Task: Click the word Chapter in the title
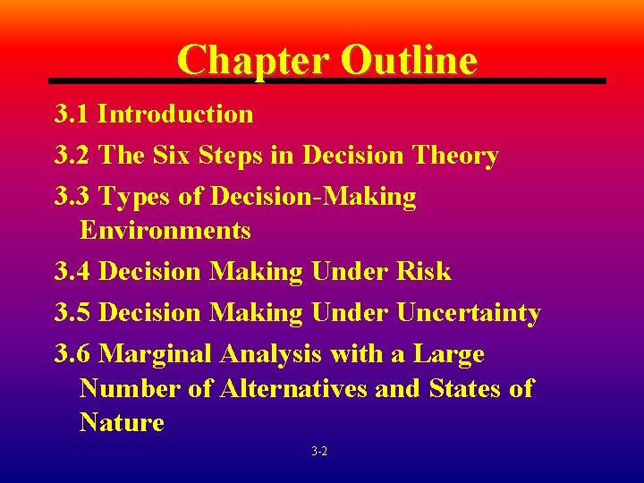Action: tap(253, 60)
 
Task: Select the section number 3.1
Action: tap(72, 114)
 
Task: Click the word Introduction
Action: tap(175, 114)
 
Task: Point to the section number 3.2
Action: tap(72, 156)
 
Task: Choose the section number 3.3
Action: tap(72, 197)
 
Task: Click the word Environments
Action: tap(165, 231)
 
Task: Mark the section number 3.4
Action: tap(72, 272)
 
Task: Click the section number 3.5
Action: tap(72, 313)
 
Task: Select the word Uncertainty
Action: tap(469, 313)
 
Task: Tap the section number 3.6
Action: tap(72, 354)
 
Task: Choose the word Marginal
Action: tap(156, 354)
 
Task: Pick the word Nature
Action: tap(122, 422)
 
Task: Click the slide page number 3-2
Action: tap(319, 453)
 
